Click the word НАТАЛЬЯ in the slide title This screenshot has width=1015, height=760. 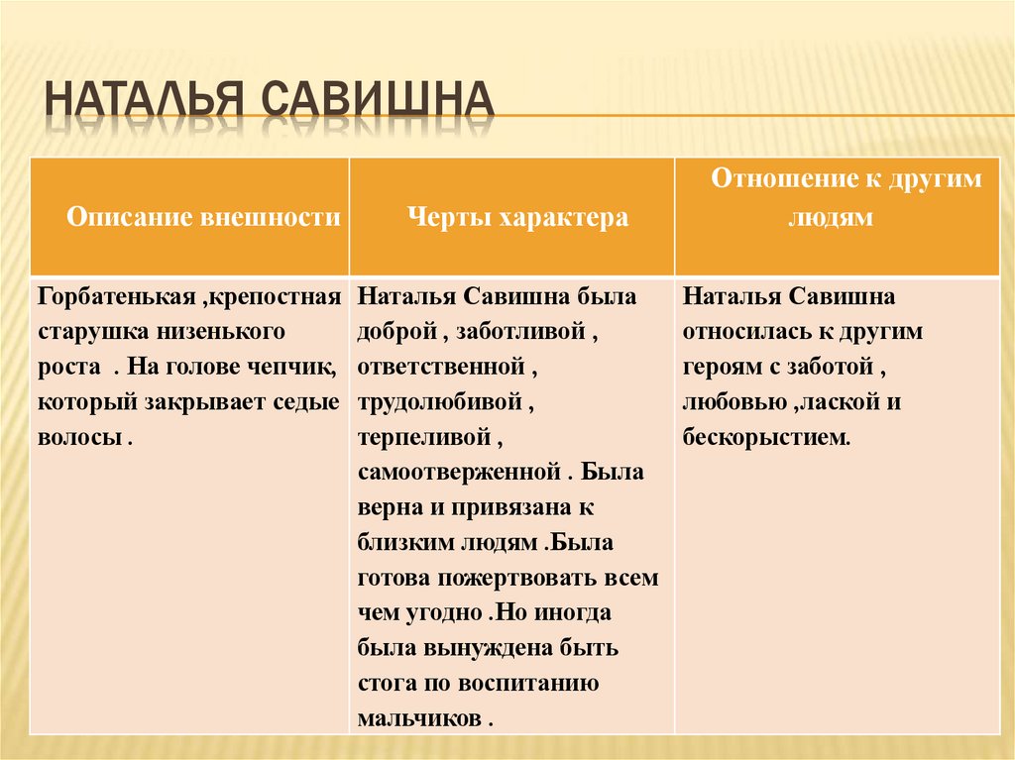click(146, 101)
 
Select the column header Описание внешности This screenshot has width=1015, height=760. click(203, 217)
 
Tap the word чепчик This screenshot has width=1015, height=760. click(293, 367)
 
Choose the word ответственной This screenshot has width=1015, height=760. click(440, 367)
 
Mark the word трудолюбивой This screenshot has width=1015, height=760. click(437, 402)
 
